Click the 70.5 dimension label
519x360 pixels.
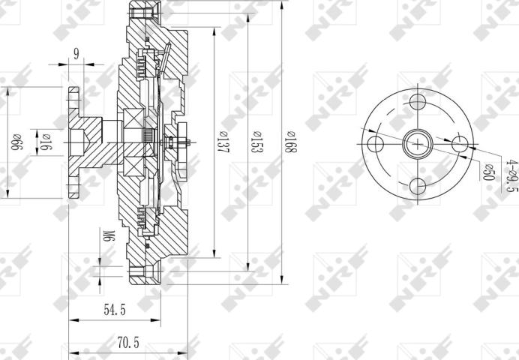(x=128, y=341)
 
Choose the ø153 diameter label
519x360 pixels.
(x=256, y=142)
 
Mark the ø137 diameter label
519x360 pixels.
(x=223, y=142)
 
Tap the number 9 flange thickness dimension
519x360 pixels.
(x=77, y=54)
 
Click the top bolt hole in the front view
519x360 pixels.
(x=418, y=101)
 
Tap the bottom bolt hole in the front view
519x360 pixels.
(x=418, y=184)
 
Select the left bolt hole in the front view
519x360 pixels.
(x=377, y=143)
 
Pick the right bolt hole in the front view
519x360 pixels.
(x=460, y=143)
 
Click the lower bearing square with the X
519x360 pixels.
(x=136, y=167)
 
